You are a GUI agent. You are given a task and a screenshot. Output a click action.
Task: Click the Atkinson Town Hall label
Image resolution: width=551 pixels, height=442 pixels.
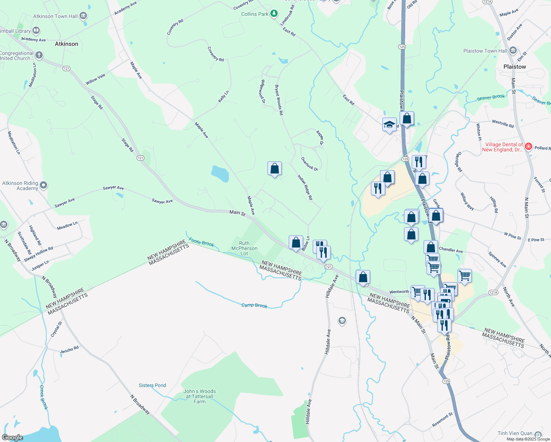[x=55, y=16]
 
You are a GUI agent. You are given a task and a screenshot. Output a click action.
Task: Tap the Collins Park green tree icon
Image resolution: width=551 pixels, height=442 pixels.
[x=274, y=14]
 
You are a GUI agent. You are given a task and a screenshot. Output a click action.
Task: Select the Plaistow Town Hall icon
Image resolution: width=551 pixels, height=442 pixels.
[x=513, y=51]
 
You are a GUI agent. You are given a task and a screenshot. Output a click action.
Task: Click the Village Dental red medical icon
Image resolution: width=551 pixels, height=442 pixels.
[x=528, y=147]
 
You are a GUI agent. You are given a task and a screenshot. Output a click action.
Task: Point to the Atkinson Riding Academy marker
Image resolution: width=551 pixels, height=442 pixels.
[x=43, y=185]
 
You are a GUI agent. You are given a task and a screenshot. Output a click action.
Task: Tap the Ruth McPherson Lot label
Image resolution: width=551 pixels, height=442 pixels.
[x=244, y=248]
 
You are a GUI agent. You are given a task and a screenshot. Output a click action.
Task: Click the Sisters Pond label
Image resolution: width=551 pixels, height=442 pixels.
[x=152, y=385]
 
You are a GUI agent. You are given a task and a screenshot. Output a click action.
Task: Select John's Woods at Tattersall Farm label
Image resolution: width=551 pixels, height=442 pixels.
[x=200, y=396]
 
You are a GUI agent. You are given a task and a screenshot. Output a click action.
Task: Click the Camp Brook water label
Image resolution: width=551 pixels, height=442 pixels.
[x=254, y=305]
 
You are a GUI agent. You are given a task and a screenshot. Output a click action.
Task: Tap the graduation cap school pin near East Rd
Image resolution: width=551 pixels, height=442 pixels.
[x=389, y=124]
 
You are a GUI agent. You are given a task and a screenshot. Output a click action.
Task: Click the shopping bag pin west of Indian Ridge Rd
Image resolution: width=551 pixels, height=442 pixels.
[x=274, y=169]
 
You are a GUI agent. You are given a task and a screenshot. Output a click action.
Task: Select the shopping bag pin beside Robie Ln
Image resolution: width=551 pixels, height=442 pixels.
[x=296, y=243]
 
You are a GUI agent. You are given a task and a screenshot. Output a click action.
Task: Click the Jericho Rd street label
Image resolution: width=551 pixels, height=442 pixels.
[x=69, y=350]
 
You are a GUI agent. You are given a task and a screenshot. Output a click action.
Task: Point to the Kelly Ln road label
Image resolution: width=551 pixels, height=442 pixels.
[x=223, y=97]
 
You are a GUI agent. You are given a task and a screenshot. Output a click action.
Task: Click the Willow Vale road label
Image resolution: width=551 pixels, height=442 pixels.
[x=95, y=79]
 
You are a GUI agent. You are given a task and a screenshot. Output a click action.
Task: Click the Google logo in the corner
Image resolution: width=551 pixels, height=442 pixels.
[x=13, y=438]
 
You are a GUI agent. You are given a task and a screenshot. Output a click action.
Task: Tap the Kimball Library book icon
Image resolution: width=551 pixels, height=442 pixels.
[x=36, y=31]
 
